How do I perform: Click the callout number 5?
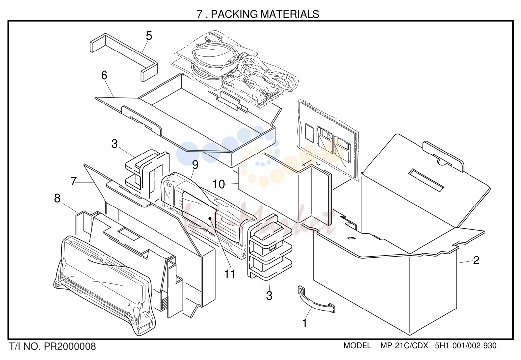149,36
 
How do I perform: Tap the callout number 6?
104,75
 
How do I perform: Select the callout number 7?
74,181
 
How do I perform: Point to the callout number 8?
57,198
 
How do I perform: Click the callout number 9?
195,165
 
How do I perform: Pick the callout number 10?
218,184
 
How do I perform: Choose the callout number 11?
230,274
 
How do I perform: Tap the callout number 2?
476,260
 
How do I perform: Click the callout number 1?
305,323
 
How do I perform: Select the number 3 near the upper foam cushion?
114,144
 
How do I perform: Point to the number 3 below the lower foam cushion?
269,295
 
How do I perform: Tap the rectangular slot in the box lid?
427,180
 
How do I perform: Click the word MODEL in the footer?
358,345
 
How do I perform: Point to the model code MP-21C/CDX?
405,345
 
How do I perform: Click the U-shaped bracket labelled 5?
124,57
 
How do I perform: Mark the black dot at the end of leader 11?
210,218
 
